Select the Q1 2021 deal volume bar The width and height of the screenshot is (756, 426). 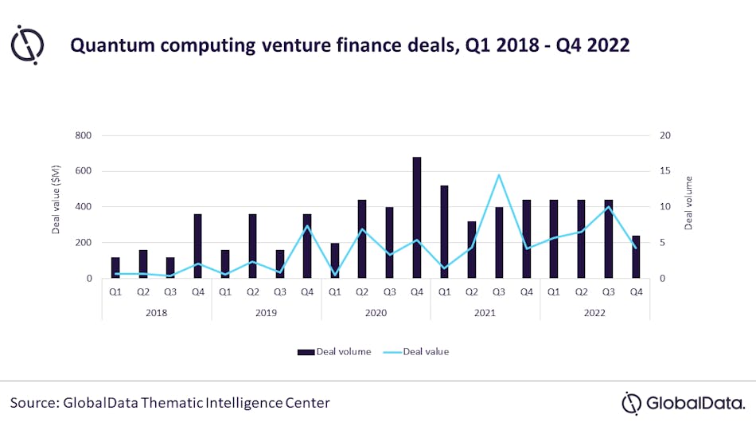[444, 232]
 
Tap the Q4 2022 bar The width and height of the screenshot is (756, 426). [636, 256]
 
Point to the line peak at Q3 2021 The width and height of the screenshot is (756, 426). [499, 175]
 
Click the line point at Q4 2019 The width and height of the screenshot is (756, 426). [307, 226]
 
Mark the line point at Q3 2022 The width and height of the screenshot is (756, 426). [609, 207]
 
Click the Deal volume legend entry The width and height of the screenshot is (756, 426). [334, 351]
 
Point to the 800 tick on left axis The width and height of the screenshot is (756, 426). [82, 135]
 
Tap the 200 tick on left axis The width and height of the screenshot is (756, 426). [82, 243]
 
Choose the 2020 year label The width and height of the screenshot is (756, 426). [376, 313]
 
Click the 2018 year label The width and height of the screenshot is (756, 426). [157, 313]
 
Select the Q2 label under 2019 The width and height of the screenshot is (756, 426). [252, 291]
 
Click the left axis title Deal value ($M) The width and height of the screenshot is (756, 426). [57, 207]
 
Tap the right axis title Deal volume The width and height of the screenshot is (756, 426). [689, 203]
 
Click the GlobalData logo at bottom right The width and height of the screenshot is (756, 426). [684, 403]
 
